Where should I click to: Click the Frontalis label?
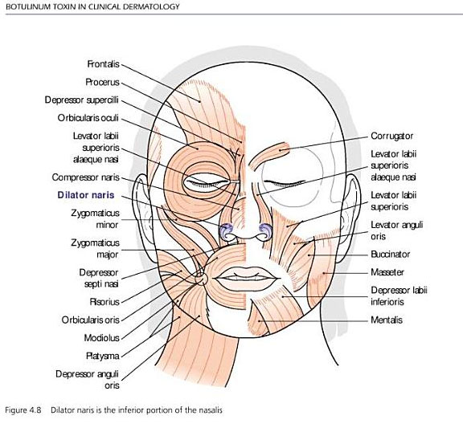click(103, 64)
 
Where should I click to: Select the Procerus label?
click(102, 82)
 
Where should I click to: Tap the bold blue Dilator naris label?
click(86, 195)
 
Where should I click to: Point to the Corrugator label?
click(391, 136)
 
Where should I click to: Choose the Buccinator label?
click(391, 255)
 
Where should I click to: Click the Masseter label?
click(387, 272)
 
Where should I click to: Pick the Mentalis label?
click(387, 320)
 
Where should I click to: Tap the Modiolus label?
click(101, 337)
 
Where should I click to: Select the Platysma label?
click(103, 356)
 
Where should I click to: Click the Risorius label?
click(104, 302)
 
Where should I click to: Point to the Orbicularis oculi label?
click(88, 118)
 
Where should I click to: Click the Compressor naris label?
click(86, 177)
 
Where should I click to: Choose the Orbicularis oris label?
click(90, 320)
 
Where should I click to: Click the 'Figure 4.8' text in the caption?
click(23, 410)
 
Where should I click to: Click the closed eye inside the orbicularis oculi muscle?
click(207, 183)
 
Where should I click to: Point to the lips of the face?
click(246, 279)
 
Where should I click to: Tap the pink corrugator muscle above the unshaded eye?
click(269, 155)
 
